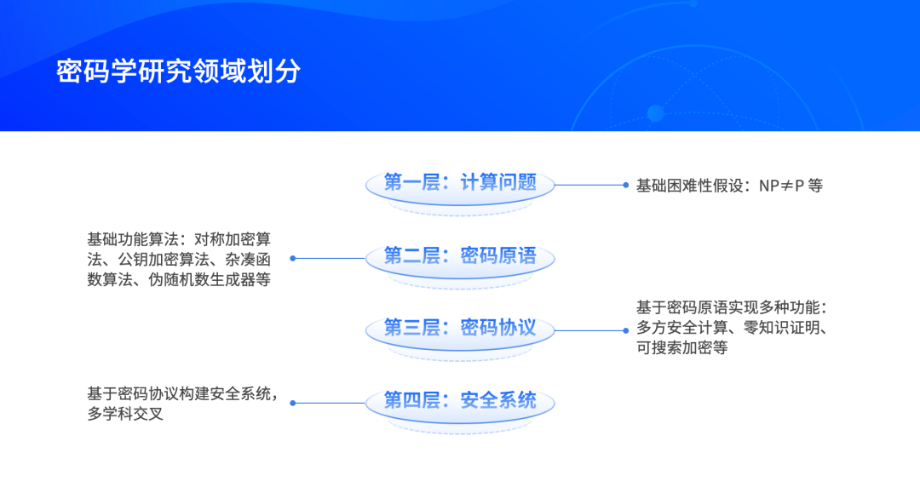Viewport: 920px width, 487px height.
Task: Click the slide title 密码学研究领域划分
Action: coord(178,72)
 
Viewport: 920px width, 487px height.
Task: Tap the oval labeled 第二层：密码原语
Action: coord(460,258)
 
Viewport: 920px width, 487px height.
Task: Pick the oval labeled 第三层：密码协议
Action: coord(460,329)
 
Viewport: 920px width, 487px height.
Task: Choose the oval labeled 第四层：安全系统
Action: coord(460,403)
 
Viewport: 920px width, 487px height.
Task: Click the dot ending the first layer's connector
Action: coord(625,185)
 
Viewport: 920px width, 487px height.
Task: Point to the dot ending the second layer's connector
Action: coord(293,258)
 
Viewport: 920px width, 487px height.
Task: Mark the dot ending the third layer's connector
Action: coord(625,330)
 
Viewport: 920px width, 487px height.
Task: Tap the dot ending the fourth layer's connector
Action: coord(293,403)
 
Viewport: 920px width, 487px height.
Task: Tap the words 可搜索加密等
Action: coord(682,347)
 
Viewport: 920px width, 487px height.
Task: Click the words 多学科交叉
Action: coord(125,414)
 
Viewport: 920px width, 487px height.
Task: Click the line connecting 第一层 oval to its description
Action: coord(589,185)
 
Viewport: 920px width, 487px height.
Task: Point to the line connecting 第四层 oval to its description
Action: coord(330,403)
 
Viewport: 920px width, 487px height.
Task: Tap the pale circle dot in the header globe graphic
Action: coord(655,113)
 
